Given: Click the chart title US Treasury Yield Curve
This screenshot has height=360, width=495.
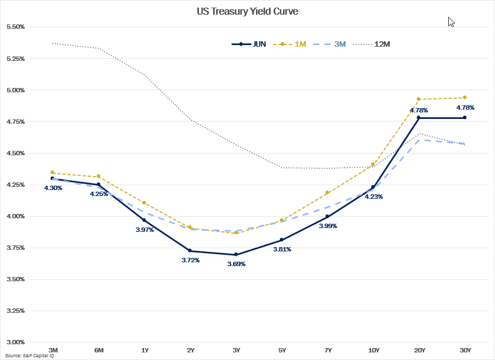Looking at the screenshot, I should pos(247,11).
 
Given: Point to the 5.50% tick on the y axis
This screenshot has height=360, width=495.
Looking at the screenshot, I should pos(15,27).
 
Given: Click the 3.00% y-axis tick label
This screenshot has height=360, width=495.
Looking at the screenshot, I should pos(15,342).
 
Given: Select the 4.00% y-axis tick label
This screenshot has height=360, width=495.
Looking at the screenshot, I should pos(15,216).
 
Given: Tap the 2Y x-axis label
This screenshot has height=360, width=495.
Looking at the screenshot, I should pos(190,350).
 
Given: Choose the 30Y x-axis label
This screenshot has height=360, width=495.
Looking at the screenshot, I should pos(465,350).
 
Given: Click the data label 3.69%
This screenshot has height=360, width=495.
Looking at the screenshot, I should pos(236,264).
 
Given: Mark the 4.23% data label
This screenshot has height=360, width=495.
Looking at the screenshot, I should pos(373,197).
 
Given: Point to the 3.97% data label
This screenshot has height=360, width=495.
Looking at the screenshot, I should pos(145,230).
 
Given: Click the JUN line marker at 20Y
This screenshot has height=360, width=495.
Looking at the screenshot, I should pos(418,118).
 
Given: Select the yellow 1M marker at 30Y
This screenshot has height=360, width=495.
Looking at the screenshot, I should pos(465,98).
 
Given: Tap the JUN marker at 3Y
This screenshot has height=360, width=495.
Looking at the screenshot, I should pos(235,254).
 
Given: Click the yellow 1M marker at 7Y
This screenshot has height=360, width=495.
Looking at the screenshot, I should pos(327,192).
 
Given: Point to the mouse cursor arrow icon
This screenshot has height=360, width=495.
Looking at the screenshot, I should pos(451,22).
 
